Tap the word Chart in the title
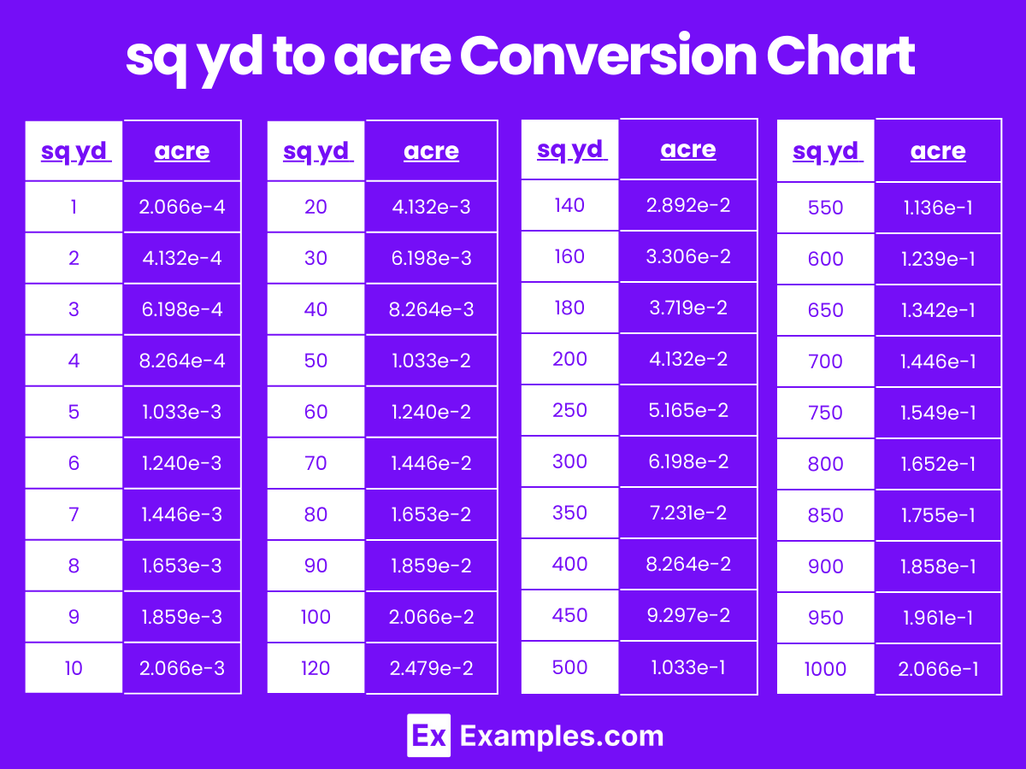[x=840, y=57]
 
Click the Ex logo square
[x=428, y=736]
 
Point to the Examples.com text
[x=562, y=736]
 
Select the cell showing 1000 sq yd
[x=825, y=669]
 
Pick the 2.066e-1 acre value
[x=938, y=669]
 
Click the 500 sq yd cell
[x=569, y=666]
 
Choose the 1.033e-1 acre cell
[x=688, y=666]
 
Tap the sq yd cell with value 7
[x=74, y=514]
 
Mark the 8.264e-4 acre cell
[x=182, y=361]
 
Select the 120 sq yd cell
[x=315, y=668]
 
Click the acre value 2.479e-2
[x=431, y=668]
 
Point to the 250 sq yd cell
[x=569, y=410]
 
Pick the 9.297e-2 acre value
[x=688, y=615]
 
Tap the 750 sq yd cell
[x=825, y=413]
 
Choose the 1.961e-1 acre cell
[x=938, y=618]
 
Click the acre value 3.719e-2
[x=688, y=308]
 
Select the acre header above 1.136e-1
[x=938, y=151]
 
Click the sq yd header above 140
[x=571, y=150]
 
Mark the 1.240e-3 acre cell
[x=182, y=463]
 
